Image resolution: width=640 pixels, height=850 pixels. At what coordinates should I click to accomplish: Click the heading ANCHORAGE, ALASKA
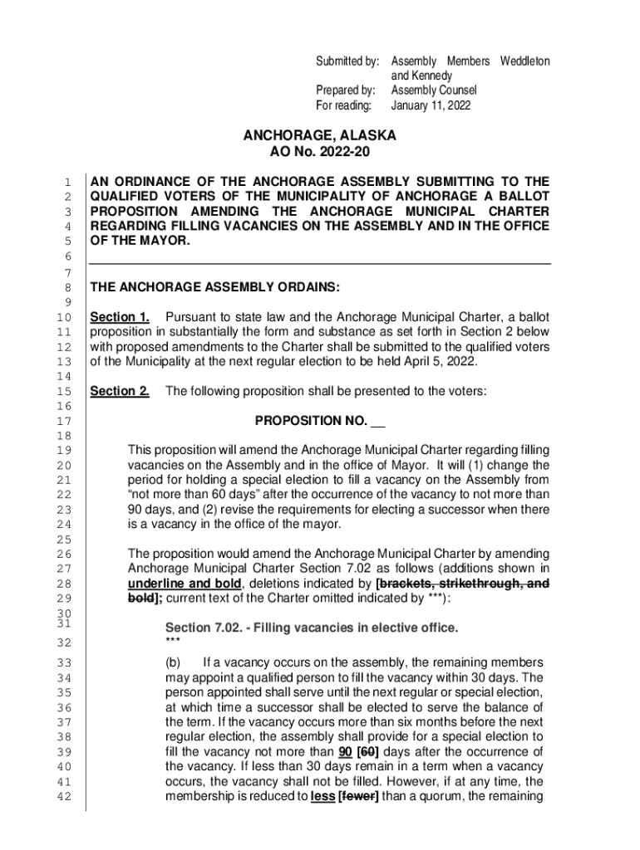(319, 135)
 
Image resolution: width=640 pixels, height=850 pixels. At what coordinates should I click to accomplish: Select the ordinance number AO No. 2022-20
(319, 152)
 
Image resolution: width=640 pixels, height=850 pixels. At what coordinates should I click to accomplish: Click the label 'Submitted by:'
(347, 61)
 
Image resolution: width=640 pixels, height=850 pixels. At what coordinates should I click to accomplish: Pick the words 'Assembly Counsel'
(434, 90)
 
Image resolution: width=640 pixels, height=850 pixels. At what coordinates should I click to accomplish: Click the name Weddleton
(524, 61)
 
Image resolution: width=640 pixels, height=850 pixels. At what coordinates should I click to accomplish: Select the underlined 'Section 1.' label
(120, 317)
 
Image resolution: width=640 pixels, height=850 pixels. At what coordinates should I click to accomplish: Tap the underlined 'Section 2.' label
(120, 391)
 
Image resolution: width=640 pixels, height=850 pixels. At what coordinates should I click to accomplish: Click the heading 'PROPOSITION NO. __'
(319, 421)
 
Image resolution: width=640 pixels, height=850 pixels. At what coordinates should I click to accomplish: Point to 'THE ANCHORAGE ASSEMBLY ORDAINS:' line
(214, 288)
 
